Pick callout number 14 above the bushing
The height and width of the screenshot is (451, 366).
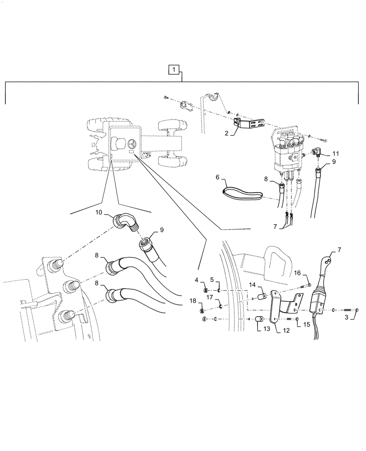pyautogui.click(x=252, y=285)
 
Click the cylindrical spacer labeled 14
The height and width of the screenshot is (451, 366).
pyautogui.click(x=261, y=298)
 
